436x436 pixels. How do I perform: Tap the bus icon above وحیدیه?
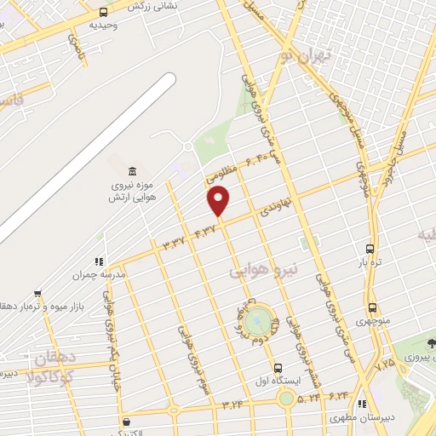104,12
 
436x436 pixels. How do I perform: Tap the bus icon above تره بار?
369,249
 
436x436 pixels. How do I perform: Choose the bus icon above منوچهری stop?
372,308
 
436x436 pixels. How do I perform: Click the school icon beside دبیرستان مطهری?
361,404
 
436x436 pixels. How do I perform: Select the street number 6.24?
338,395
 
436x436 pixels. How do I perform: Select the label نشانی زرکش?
152,5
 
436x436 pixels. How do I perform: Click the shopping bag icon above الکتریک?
126,422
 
